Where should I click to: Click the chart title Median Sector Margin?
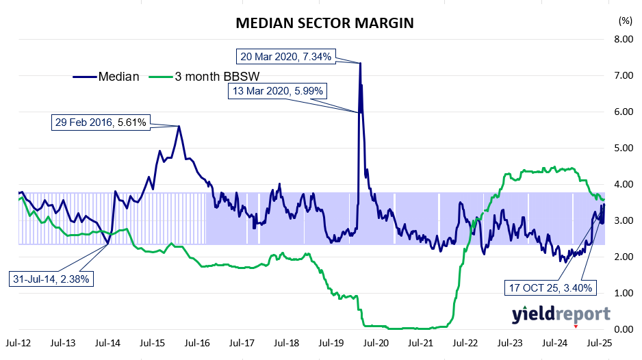(x=324, y=23)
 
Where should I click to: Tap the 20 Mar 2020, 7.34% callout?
(x=286, y=57)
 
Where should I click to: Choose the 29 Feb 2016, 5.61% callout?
(x=101, y=123)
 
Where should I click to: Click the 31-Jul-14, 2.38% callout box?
(x=51, y=279)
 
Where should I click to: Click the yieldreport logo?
(x=561, y=314)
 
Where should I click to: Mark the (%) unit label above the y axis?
(x=624, y=21)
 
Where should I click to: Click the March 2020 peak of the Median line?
(x=360, y=63)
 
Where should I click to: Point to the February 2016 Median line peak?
(x=179, y=126)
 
